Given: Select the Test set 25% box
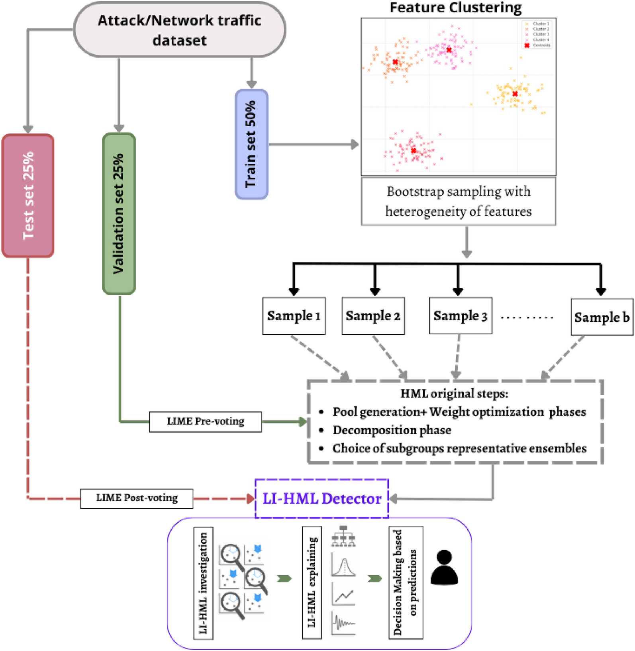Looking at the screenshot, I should click(28, 196).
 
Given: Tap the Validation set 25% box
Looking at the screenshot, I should click(119, 214).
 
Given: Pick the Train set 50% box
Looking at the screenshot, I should click(251, 144).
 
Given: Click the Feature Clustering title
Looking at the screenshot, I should click(455, 8).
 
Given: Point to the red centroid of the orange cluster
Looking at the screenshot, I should click(395, 62).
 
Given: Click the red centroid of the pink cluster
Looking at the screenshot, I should click(449, 50).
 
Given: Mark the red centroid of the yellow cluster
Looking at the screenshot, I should click(515, 94).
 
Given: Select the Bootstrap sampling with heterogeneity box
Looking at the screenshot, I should click(458, 202).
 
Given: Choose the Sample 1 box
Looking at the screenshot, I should click(294, 316).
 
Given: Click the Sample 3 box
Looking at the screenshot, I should click(460, 316).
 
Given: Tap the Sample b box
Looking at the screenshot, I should click(602, 318).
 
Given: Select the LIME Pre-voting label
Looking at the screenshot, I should click(205, 422).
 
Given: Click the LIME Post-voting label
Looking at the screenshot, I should click(137, 498).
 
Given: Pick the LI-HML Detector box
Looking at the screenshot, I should click(321, 499).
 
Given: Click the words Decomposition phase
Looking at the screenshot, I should click(392, 430).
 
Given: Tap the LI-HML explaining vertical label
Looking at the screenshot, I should click(312, 582).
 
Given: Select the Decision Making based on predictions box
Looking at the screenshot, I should click(406, 582).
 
